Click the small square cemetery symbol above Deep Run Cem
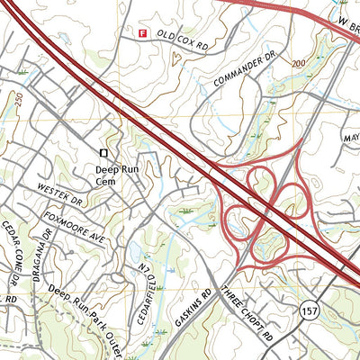pos(103,153)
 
